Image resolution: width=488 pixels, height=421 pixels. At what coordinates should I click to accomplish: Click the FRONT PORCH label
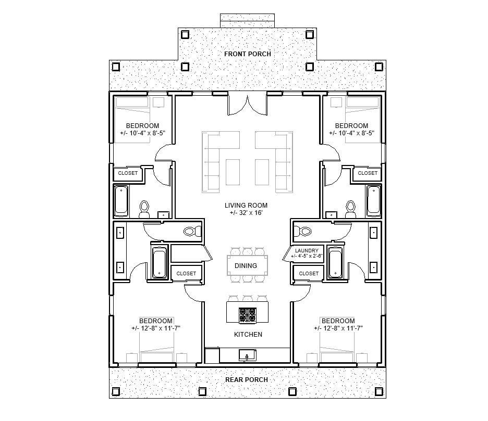click(x=247, y=54)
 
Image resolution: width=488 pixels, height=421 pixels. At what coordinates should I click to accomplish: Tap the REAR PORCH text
click(x=247, y=379)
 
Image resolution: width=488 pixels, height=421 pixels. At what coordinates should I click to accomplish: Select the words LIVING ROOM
click(x=247, y=206)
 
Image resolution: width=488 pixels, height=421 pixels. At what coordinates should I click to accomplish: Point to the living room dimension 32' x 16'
click(x=247, y=213)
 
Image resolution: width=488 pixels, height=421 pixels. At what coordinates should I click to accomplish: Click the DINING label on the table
click(x=246, y=265)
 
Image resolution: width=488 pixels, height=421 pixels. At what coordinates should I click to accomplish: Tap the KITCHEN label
click(x=248, y=334)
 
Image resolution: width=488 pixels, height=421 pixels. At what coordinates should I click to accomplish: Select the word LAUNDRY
click(x=307, y=250)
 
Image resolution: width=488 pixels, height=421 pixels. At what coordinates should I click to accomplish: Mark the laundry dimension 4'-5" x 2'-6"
click(x=307, y=256)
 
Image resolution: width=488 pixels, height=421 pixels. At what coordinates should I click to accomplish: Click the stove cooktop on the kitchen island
click(x=248, y=315)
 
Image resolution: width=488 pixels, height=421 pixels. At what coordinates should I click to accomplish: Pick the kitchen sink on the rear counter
click(x=247, y=355)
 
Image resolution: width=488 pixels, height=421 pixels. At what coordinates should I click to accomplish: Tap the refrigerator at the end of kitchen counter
click(x=212, y=355)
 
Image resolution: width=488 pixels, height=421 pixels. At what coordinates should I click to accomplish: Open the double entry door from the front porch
click(x=248, y=104)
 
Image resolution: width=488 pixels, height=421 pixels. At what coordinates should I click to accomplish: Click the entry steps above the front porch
click(x=247, y=20)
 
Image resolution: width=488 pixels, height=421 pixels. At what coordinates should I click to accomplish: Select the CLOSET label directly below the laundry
click(x=309, y=273)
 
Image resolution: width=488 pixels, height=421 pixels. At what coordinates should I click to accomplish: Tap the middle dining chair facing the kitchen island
click(x=248, y=279)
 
